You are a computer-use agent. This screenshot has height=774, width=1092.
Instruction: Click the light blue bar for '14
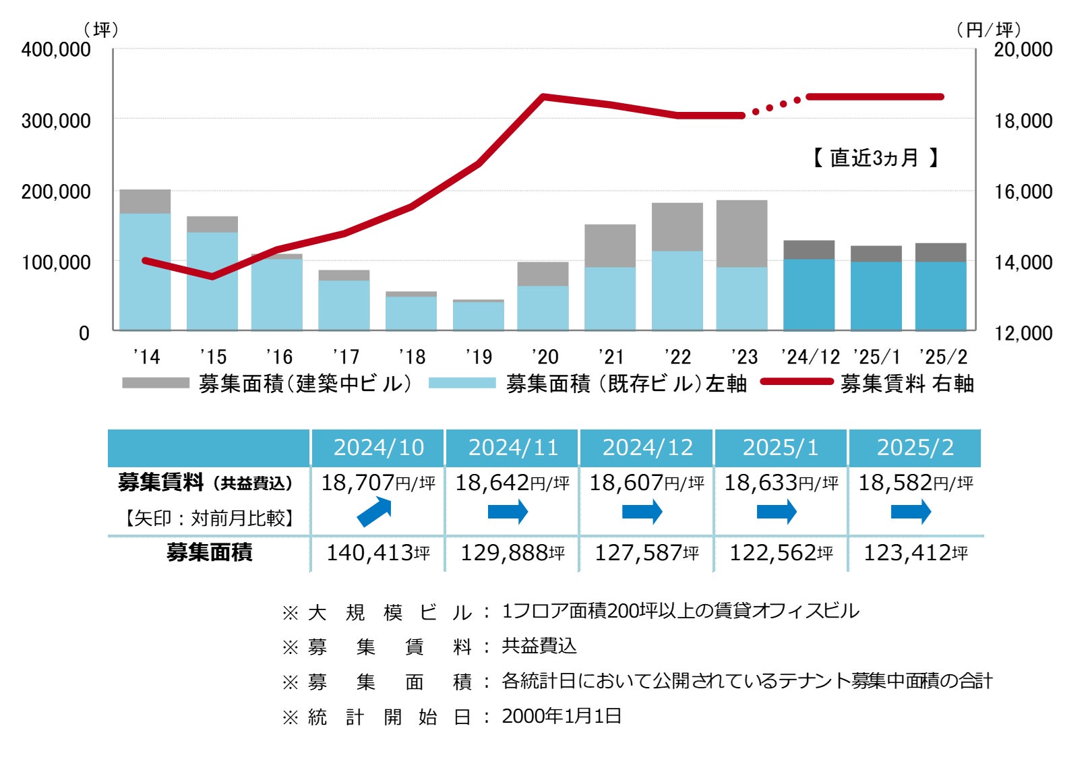pyautogui.click(x=145, y=272)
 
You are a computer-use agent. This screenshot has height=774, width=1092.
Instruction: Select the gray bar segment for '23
pyautogui.click(x=741, y=233)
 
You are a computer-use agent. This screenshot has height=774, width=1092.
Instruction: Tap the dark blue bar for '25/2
pyautogui.click(x=940, y=296)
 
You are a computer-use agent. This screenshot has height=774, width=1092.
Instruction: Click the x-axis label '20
pyautogui.click(x=545, y=357)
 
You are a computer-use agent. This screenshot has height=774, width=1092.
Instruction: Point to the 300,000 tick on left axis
pyautogui.click(x=56, y=121)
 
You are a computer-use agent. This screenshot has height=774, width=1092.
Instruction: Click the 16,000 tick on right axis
pyautogui.click(x=1023, y=191)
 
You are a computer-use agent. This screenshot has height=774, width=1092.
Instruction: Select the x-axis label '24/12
pyautogui.click(x=810, y=357)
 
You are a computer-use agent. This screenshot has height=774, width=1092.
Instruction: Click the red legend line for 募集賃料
pyautogui.click(x=797, y=382)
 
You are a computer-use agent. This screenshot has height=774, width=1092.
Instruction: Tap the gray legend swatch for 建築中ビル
pyautogui.click(x=156, y=383)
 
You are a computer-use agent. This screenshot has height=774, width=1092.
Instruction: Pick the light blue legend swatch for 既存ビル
pyautogui.click(x=462, y=383)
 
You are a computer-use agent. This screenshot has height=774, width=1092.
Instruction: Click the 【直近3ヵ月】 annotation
pyautogui.click(x=875, y=158)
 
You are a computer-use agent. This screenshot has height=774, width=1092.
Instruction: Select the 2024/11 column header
pyautogui.click(x=513, y=448)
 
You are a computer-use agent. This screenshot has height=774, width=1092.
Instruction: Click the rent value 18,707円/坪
pyautogui.click(x=377, y=483)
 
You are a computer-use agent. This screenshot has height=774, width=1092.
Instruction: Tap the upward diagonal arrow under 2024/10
pyautogui.click(x=374, y=512)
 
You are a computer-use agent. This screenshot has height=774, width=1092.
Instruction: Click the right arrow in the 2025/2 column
pyautogui.click(x=911, y=512)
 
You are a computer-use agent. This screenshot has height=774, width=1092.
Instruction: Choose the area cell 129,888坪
pyautogui.click(x=512, y=553)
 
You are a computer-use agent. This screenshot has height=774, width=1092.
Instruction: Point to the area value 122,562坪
pyautogui.click(x=781, y=553)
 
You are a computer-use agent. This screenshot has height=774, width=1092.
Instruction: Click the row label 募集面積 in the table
pyautogui.click(x=209, y=553)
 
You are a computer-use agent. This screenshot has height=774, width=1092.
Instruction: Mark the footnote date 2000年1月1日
pyautogui.click(x=562, y=716)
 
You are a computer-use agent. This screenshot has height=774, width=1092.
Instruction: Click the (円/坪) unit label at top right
pyautogui.click(x=988, y=30)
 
